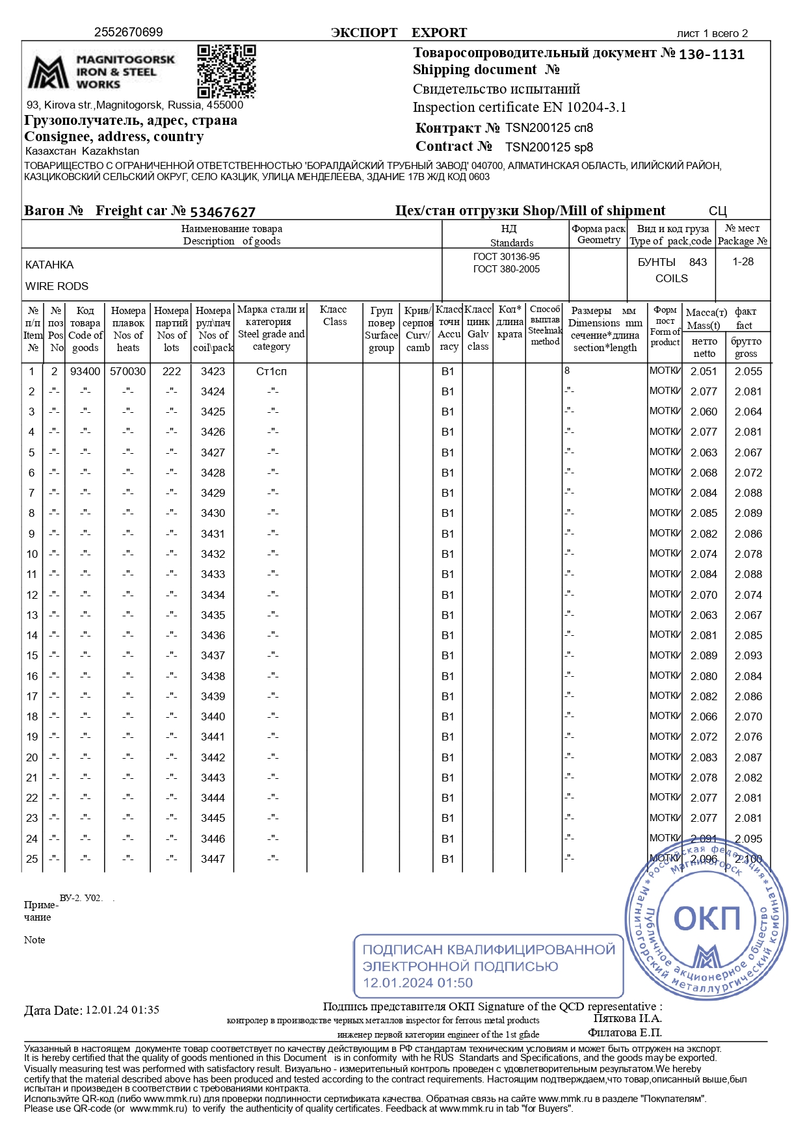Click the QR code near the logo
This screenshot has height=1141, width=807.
pyautogui.click(x=226, y=70)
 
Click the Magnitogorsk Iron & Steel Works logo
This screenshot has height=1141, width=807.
pyautogui.click(x=101, y=72)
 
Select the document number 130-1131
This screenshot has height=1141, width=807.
pyautogui.click(x=711, y=55)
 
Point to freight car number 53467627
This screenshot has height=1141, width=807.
pyautogui.click(x=222, y=212)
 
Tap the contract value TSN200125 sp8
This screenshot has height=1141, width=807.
pyautogui.click(x=549, y=148)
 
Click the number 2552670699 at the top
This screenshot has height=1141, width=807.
pyautogui.click(x=128, y=33)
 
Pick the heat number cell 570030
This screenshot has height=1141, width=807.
pyautogui.click(x=128, y=371)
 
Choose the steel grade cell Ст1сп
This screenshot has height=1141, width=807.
pyautogui.click(x=271, y=371)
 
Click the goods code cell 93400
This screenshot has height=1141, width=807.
pyautogui.click(x=85, y=371)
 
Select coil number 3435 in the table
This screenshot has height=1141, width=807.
pyautogui.click(x=213, y=615)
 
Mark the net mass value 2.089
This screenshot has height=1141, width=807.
pyautogui.click(x=704, y=655)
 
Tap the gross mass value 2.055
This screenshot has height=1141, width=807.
pyautogui.click(x=748, y=371)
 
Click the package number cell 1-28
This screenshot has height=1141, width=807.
pyautogui.click(x=743, y=261)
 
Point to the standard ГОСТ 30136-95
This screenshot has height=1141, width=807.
pyautogui.click(x=506, y=257)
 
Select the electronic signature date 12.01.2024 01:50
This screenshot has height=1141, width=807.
pyautogui.click(x=417, y=983)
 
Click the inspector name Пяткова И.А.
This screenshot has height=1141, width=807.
pyautogui.click(x=627, y=1019)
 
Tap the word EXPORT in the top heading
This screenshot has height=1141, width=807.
pyautogui.click(x=439, y=33)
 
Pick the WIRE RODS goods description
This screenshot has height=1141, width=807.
pyautogui.click(x=57, y=286)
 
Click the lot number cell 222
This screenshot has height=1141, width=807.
pyautogui.click(x=172, y=371)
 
